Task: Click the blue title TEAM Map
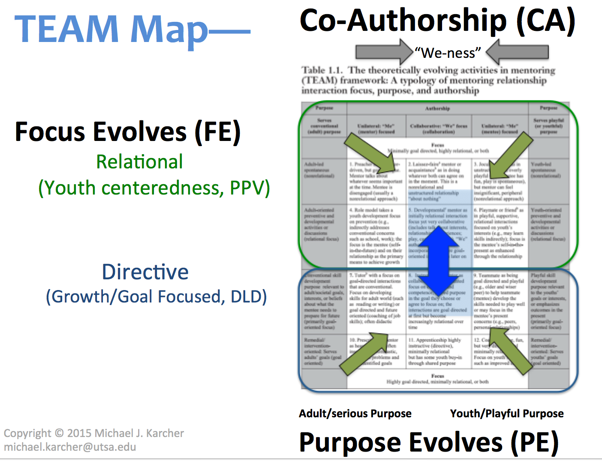pos(111,29)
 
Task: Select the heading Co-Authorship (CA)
pos(437,21)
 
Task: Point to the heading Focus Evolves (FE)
pos(128,132)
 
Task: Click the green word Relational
pos(139,162)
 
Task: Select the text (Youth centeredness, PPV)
pos(154,188)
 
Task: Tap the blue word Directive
pos(145,272)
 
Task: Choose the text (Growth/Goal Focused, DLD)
pos(156,296)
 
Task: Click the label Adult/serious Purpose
pos(355,413)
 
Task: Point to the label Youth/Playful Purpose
pos(507,413)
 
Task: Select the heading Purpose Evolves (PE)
pos(429,442)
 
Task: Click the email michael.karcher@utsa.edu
pos(70,447)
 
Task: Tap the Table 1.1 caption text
pos(428,80)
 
